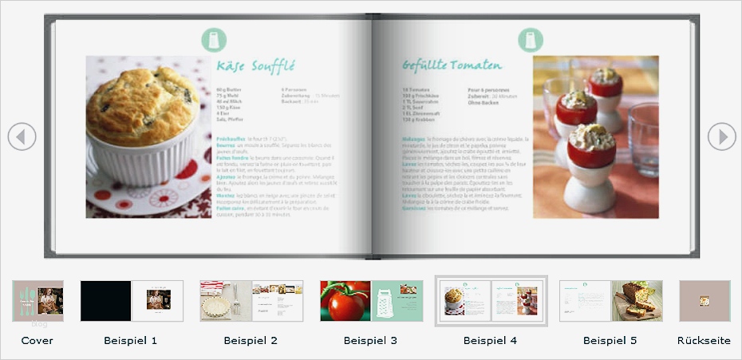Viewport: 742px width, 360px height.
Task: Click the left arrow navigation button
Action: tap(22, 136)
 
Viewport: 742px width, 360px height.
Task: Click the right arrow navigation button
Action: tap(722, 136)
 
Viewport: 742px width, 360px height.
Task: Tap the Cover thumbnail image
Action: tap(38, 301)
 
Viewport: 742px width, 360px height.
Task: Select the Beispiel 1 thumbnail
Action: tap(132, 301)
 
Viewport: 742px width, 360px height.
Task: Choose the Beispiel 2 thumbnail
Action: tap(251, 301)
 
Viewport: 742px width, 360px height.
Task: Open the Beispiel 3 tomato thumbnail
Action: tap(371, 301)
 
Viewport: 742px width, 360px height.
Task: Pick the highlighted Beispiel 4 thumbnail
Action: tap(491, 301)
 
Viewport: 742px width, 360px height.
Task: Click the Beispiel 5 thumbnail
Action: tap(610, 301)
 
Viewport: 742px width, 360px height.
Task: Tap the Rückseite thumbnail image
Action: tap(705, 301)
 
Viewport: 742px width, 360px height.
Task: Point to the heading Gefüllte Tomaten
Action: tap(452, 65)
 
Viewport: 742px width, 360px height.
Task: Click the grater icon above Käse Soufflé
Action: tap(214, 39)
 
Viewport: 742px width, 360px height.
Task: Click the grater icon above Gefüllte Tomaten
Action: tap(530, 39)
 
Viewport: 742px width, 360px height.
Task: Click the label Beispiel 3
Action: tap(371, 341)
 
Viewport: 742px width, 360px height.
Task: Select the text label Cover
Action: tap(37, 341)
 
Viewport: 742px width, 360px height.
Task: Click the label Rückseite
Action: tap(704, 341)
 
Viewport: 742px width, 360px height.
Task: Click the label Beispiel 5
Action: tap(610, 341)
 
